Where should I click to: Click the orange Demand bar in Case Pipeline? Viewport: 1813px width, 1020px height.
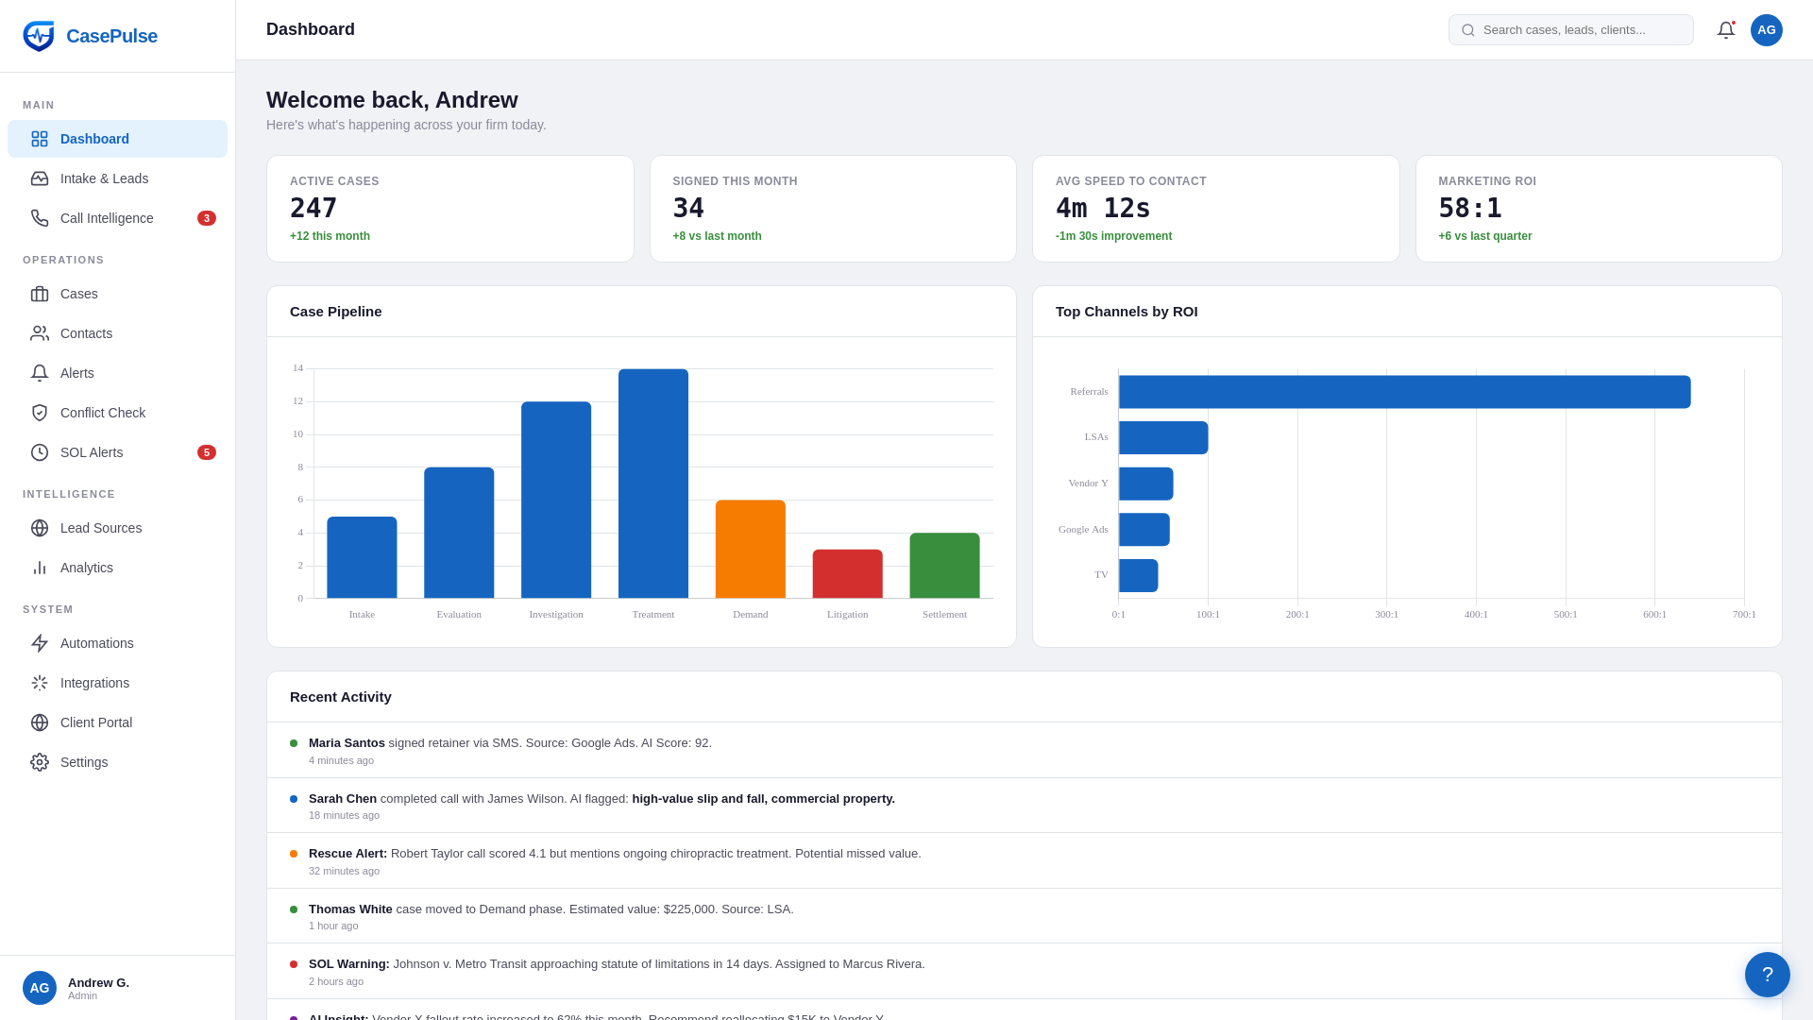pyautogui.click(x=750, y=549)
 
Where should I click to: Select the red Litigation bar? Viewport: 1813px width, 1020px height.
pyautogui.click(x=847, y=573)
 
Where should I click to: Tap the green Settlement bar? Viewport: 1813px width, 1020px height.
pyautogui.click(x=944, y=565)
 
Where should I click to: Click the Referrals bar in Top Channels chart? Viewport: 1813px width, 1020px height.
pyautogui.click(x=1404, y=392)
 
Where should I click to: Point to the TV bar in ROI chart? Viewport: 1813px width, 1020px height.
pyautogui.click(x=1138, y=575)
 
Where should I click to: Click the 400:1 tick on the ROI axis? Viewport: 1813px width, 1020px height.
pyautogui.click(x=1475, y=614)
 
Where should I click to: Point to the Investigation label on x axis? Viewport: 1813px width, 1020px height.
pyautogui.click(x=555, y=614)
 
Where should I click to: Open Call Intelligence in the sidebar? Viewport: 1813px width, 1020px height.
pyautogui.click(x=107, y=218)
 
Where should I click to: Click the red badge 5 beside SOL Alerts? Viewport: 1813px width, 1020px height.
pyautogui.click(x=206, y=452)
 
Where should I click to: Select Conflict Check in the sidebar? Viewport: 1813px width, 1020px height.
pyautogui.click(x=102, y=413)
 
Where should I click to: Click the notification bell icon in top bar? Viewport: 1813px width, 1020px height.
pyautogui.click(x=1725, y=30)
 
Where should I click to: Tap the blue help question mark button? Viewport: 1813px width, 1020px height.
pyautogui.click(x=1767, y=974)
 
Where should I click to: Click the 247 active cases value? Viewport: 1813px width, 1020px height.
pyautogui.click(x=313, y=208)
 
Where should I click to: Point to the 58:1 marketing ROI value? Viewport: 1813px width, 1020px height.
pyautogui.click(x=1469, y=208)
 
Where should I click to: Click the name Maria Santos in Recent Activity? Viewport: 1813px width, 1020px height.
pyautogui.click(x=347, y=743)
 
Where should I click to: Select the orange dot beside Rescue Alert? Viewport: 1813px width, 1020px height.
pyautogui.click(x=294, y=854)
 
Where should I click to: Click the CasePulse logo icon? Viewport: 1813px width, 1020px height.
pyautogui.click(x=39, y=36)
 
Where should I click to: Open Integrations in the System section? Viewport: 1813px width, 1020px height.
pyautogui.click(x=94, y=683)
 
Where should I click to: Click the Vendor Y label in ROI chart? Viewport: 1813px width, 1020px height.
pyautogui.click(x=1088, y=483)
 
